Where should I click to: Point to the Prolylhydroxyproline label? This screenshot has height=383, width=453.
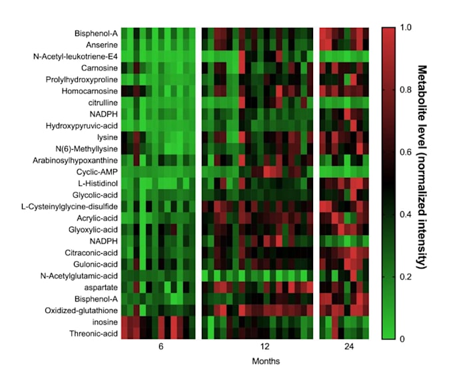pyautogui.click(x=83, y=79)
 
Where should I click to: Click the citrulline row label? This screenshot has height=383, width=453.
pyautogui.click(x=101, y=102)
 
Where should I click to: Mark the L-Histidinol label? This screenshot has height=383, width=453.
pyautogui.click(x=97, y=183)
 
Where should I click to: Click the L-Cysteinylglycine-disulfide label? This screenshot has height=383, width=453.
pyautogui.click(x=72, y=206)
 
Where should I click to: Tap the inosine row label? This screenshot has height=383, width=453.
pyautogui.click(x=105, y=322)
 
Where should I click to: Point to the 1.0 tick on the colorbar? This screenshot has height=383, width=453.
pyautogui.click(x=406, y=28)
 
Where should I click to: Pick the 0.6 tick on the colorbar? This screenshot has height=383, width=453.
pyautogui.click(x=406, y=153)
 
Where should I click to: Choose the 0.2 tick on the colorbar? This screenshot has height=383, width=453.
pyautogui.click(x=406, y=276)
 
